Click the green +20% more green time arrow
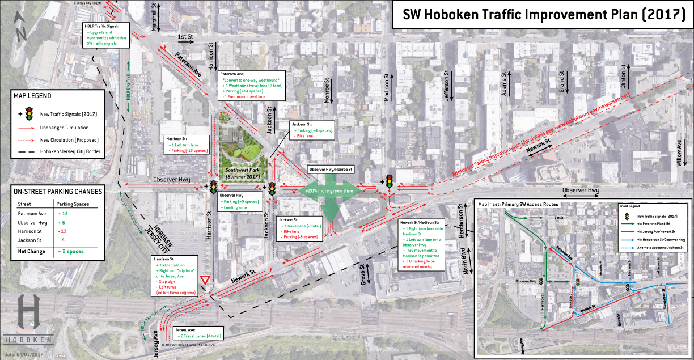(331, 191)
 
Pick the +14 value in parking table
(62, 214)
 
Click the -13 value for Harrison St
(62, 231)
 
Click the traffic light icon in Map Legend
(28, 113)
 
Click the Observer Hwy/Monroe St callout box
(331, 169)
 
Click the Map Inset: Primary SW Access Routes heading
(518, 204)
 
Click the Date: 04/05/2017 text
(23, 354)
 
